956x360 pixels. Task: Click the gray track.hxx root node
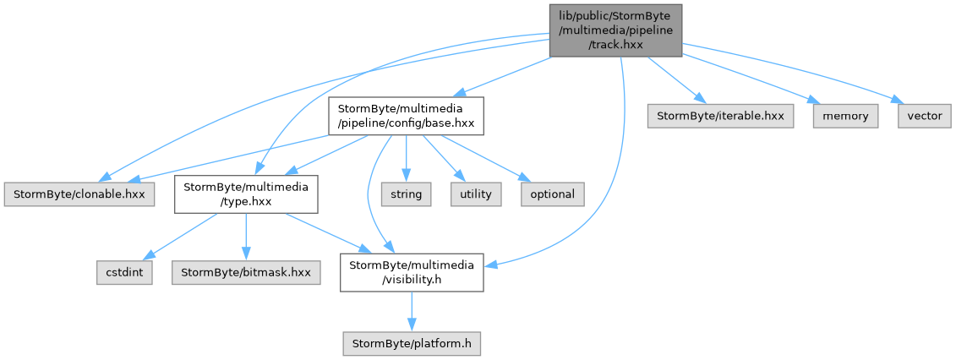click(x=615, y=30)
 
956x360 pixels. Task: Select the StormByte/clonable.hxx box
click(x=79, y=194)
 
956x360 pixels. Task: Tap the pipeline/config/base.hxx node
click(x=406, y=116)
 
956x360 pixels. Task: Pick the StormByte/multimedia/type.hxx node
click(x=246, y=194)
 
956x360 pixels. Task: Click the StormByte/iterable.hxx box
click(x=721, y=116)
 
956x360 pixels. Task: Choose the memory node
click(x=845, y=116)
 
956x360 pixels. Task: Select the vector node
click(x=924, y=116)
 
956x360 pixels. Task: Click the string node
click(x=406, y=194)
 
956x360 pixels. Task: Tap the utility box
click(x=476, y=194)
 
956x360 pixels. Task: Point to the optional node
click(x=552, y=194)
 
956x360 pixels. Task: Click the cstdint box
click(x=123, y=272)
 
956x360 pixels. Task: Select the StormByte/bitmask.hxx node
click(x=246, y=272)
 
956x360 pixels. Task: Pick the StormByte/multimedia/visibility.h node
click(x=412, y=272)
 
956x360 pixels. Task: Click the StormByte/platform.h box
click(x=412, y=343)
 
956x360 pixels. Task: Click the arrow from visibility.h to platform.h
click(x=412, y=311)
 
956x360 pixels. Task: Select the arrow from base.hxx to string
click(x=406, y=159)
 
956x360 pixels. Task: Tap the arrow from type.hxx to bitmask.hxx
click(x=246, y=237)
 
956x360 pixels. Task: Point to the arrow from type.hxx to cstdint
click(x=181, y=237)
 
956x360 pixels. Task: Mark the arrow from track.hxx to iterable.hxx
click(x=673, y=80)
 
